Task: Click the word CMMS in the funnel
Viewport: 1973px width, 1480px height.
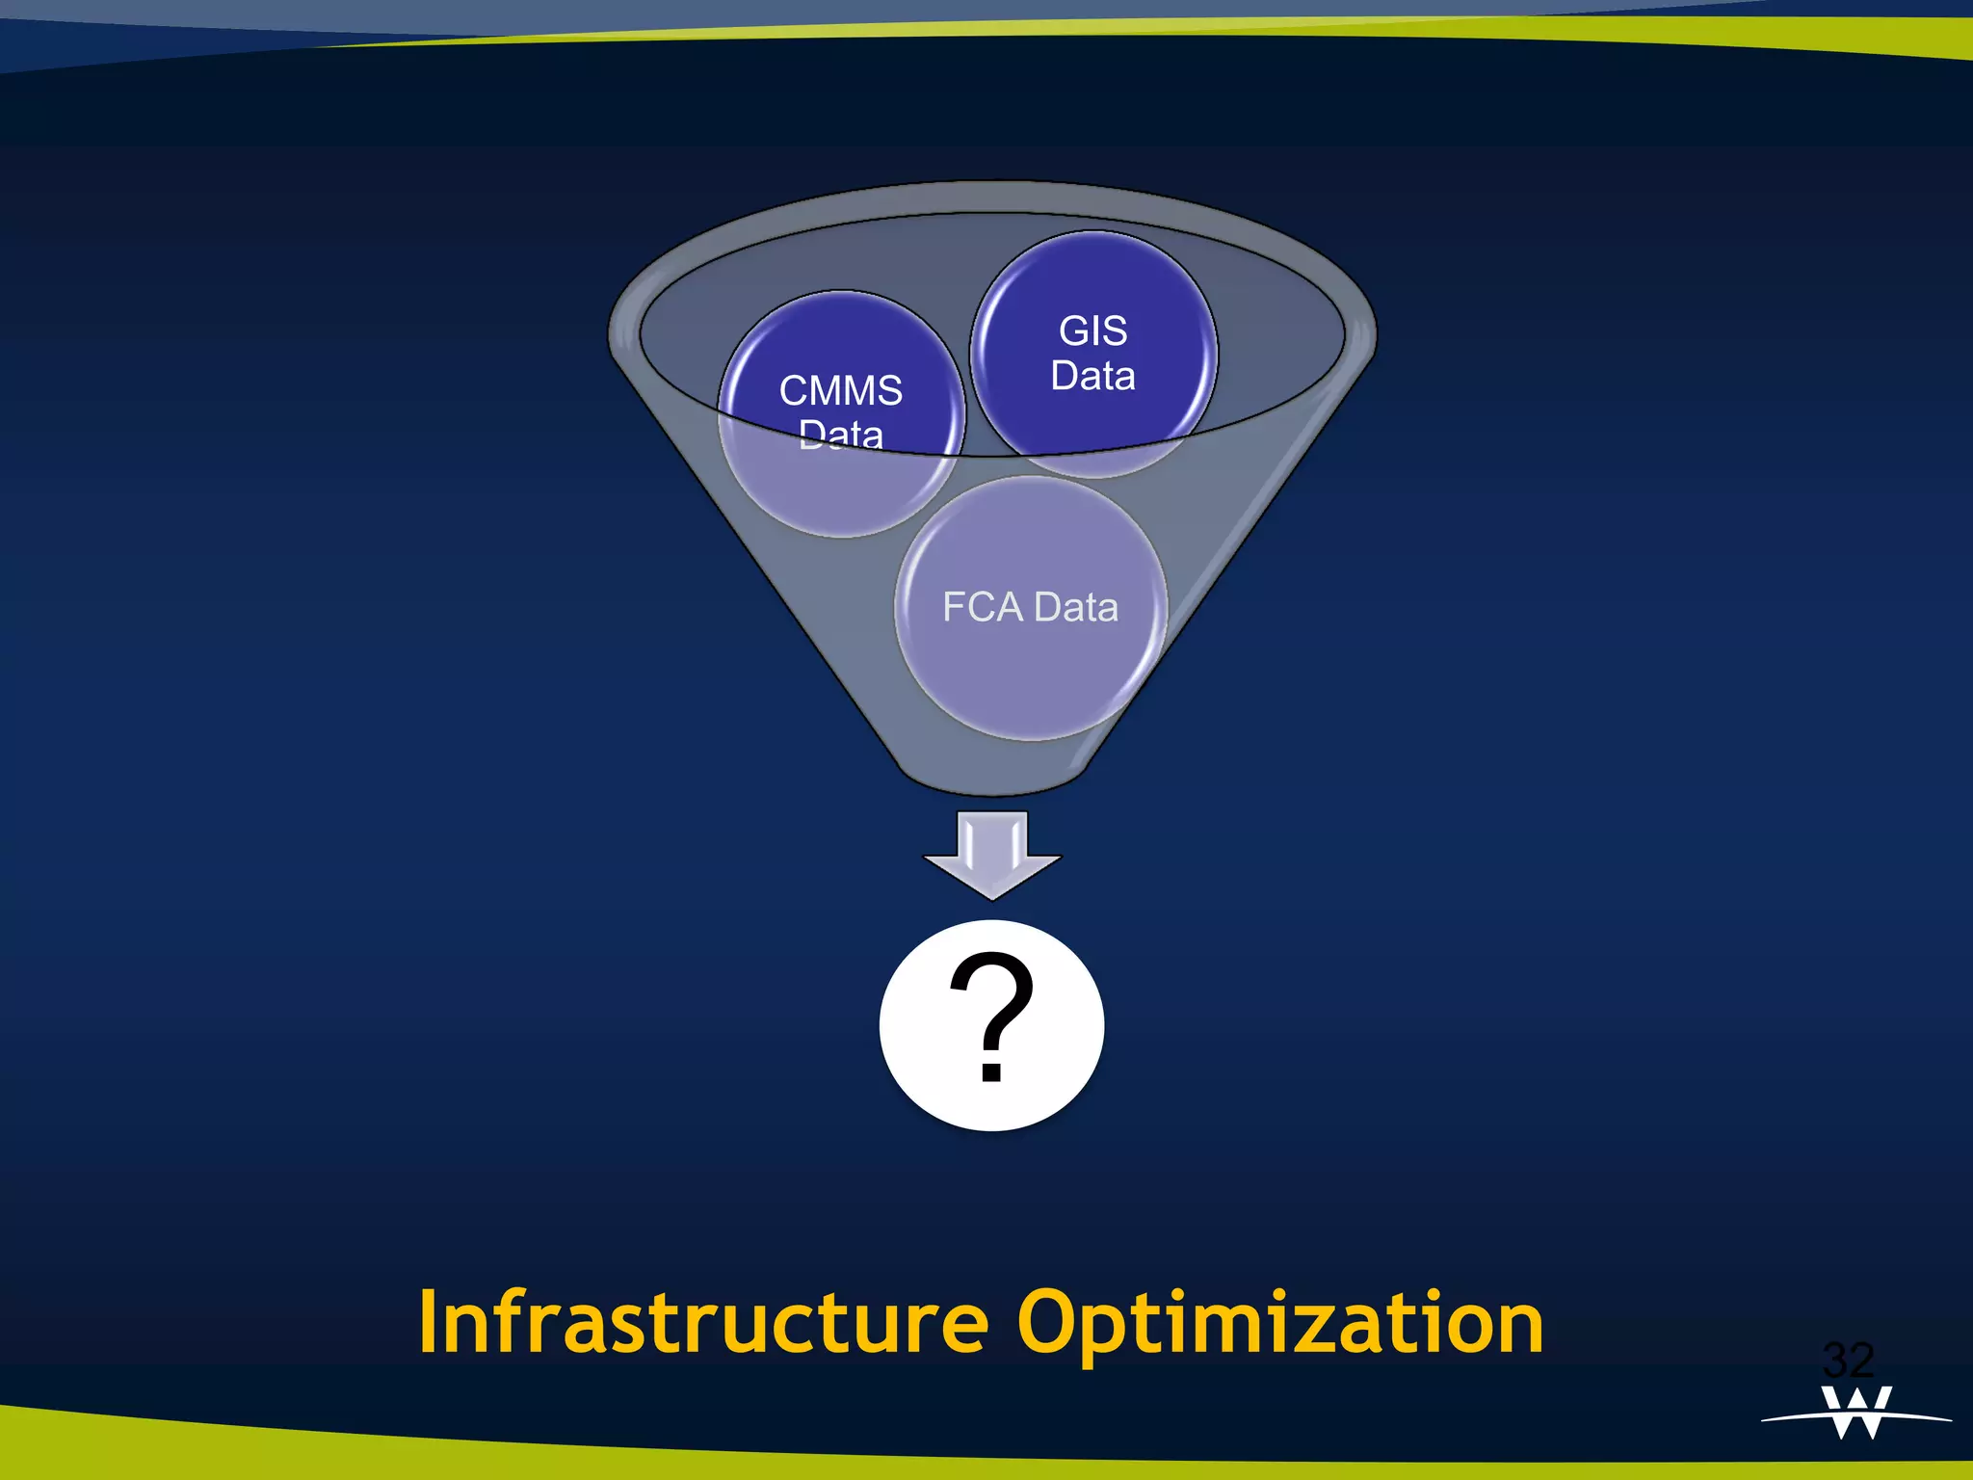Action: pos(840,391)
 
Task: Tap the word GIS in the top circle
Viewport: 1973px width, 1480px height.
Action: pos(1092,331)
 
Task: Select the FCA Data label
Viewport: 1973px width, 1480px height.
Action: pos(1030,607)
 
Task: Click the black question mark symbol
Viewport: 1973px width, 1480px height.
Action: pos(991,1017)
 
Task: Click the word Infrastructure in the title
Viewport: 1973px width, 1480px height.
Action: pos(703,1323)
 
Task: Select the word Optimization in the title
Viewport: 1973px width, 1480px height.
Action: pos(1280,1323)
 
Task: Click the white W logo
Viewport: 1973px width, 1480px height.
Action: pos(1856,1413)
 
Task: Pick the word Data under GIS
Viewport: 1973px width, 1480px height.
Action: pos(1092,376)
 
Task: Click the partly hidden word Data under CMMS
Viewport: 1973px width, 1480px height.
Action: pos(840,436)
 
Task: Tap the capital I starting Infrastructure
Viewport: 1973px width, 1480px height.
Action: pos(429,1323)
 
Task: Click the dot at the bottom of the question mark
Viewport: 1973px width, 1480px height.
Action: pos(991,1071)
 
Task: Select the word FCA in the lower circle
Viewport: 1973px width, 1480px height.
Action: pos(982,607)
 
